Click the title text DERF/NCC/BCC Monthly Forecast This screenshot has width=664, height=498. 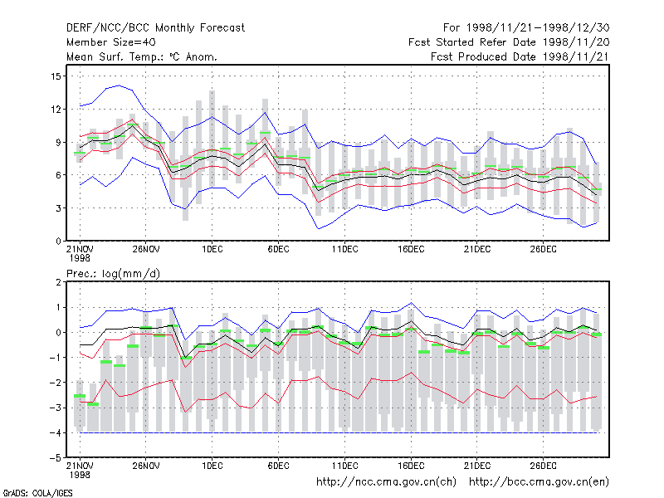(155, 28)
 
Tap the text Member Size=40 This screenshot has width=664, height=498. (111, 42)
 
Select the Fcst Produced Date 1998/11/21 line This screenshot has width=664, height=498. (520, 56)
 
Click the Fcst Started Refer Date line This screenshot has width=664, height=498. (509, 42)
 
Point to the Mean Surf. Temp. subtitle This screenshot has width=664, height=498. (141, 56)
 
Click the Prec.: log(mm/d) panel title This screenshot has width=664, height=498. (113, 274)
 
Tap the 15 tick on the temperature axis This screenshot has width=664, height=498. (56, 76)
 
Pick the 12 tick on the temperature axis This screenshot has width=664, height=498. (56, 110)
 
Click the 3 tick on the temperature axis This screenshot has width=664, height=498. (58, 208)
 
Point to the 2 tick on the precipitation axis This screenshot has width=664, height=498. (58, 282)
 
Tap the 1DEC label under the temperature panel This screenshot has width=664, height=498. (212, 250)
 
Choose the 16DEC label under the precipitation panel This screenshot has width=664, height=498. (411, 466)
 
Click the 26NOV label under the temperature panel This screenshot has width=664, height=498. (146, 250)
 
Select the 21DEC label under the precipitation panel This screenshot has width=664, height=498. (476, 466)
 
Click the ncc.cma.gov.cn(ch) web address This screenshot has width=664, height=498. (386, 482)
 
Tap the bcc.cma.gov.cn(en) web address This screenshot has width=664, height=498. (539, 482)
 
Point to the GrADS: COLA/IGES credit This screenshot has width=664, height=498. (37, 493)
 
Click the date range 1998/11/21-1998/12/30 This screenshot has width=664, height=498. (538, 28)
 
